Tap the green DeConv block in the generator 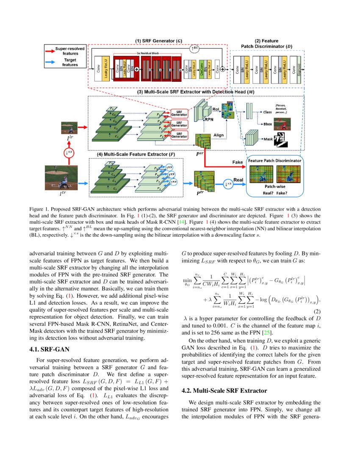point(202,68)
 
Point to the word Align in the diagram point(219,135)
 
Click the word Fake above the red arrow point(238,162)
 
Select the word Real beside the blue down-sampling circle point(239,180)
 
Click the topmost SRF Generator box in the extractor point(179,113)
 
